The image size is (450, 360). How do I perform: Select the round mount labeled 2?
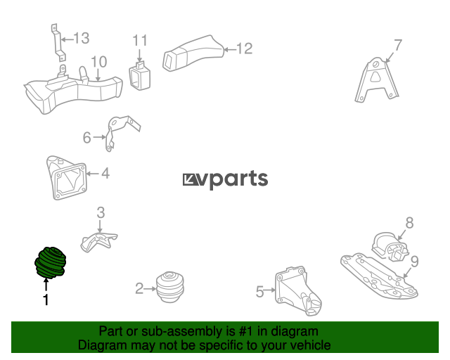[x=169, y=286]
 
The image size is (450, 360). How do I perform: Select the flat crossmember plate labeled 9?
[x=380, y=277]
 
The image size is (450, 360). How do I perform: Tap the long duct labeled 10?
[x=70, y=92]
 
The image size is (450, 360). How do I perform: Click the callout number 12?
[x=243, y=49]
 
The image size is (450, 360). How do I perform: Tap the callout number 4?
[x=105, y=172]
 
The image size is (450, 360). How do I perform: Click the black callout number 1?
[x=46, y=301]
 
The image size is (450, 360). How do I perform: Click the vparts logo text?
[x=225, y=179]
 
